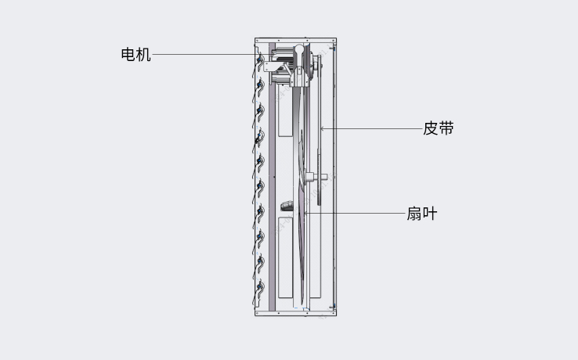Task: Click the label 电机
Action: [x=136, y=55]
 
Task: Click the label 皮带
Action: [x=439, y=128]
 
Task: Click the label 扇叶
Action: [x=422, y=214]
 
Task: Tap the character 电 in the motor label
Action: [x=128, y=55]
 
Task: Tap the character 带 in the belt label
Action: [x=446, y=128]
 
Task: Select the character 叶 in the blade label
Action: [x=430, y=214]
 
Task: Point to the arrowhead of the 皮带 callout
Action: [x=322, y=128]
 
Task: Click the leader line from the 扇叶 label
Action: [x=354, y=213]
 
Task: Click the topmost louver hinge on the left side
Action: [x=260, y=59]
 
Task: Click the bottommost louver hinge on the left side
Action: [x=261, y=286]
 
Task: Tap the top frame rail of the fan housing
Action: [x=295, y=40]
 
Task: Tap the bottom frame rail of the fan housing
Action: [x=295, y=313]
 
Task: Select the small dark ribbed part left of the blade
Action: [x=287, y=206]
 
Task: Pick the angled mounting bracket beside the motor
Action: [x=275, y=67]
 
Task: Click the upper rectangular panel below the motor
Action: [x=285, y=110]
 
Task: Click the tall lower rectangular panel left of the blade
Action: [x=285, y=257]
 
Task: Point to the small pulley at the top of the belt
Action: [x=316, y=65]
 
